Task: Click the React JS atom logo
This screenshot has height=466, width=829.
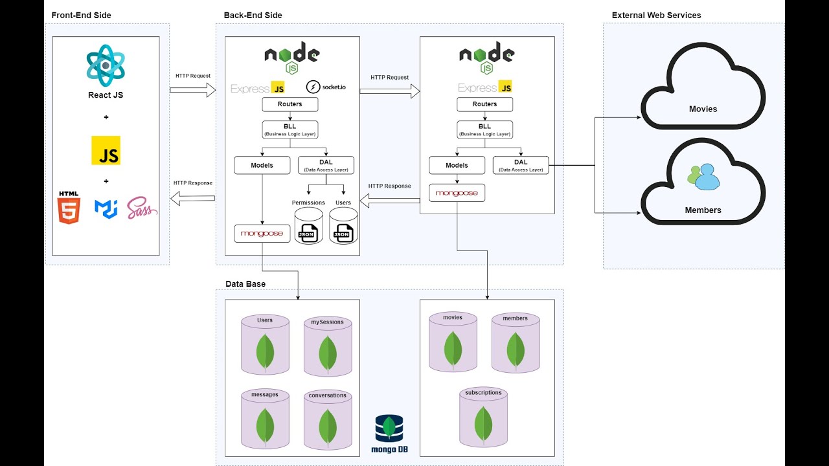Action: (106, 65)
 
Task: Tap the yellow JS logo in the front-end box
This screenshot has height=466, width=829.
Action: (106, 150)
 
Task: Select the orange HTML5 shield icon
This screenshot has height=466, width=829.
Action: (69, 208)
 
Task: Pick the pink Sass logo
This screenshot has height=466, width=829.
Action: (142, 208)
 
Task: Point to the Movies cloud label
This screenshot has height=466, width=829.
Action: (703, 109)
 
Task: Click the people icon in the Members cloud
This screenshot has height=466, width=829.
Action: (703, 177)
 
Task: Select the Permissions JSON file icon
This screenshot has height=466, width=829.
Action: (308, 226)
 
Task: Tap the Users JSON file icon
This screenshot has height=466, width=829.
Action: (343, 226)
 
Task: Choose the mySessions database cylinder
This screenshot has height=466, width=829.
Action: (328, 347)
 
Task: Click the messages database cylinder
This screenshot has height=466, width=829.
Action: (265, 419)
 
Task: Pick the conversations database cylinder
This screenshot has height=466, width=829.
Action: (328, 419)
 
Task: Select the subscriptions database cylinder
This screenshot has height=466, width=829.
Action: (483, 417)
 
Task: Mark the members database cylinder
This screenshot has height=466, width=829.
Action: (516, 343)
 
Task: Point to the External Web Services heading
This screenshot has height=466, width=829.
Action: (656, 15)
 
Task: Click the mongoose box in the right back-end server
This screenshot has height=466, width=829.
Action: (457, 193)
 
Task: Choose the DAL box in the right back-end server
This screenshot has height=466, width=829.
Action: (521, 165)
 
